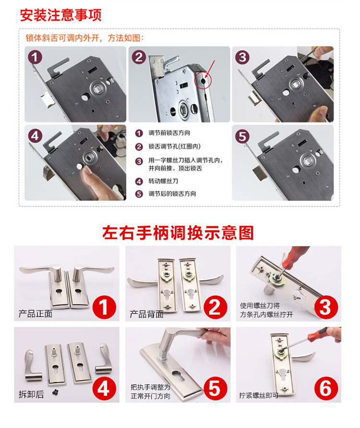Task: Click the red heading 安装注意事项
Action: [x=60, y=15]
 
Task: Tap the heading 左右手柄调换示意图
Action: [x=178, y=232]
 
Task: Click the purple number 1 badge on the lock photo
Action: [x=35, y=58]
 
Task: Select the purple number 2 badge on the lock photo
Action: [x=139, y=58]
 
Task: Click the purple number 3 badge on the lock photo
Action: [x=242, y=58]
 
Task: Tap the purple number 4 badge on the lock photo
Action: [x=35, y=136]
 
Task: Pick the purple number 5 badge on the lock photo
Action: [x=242, y=136]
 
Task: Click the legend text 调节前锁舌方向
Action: [x=169, y=133]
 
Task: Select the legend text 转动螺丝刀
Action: [x=163, y=181]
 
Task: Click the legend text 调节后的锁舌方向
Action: [x=172, y=194]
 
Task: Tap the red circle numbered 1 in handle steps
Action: [x=104, y=307]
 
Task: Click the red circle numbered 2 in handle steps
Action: [x=215, y=307]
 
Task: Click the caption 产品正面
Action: [x=36, y=314]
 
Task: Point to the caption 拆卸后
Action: [x=31, y=394]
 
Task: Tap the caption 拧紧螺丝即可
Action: [x=259, y=395]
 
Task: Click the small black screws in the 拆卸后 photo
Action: [x=55, y=393]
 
